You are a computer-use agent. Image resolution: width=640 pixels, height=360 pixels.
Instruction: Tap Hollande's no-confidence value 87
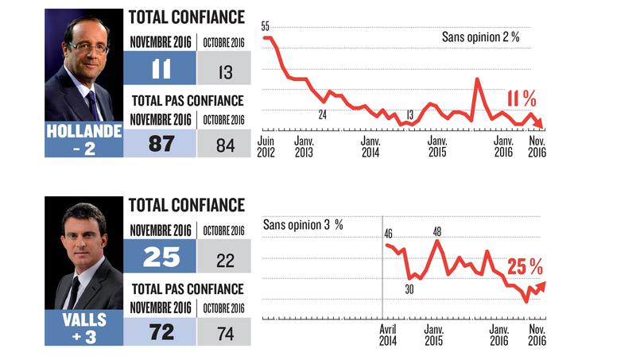click(x=162, y=144)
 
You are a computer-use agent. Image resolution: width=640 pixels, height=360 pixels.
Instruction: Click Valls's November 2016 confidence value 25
click(x=162, y=256)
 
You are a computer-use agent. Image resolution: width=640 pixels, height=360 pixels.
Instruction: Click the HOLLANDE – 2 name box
click(x=83, y=140)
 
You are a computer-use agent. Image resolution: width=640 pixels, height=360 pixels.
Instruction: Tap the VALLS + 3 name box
click(x=83, y=327)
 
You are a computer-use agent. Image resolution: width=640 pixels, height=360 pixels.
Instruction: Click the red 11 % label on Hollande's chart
click(x=522, y=99)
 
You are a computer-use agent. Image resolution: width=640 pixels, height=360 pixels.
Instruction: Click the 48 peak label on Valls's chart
click(x=436, y=231)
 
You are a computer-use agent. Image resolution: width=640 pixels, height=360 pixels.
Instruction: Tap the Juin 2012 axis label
click(x=266, y=146)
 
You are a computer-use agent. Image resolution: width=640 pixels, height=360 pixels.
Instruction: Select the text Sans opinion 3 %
click(x=302, y=225)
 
